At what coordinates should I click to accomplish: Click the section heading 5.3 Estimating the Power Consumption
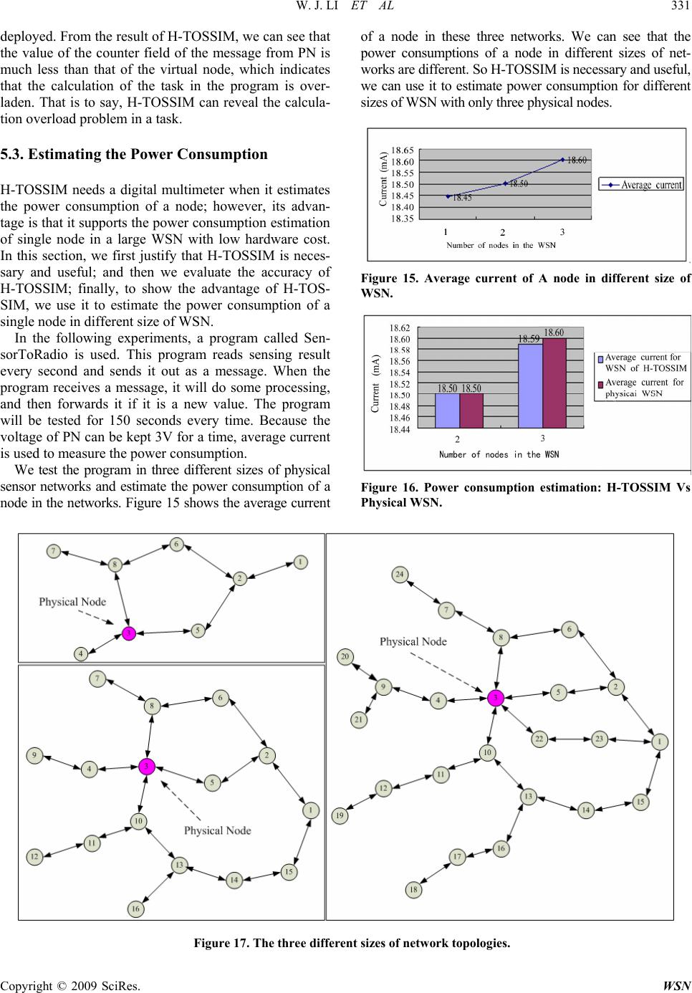134,154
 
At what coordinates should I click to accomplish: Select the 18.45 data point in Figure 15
448,196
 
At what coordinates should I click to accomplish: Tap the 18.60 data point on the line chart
562,159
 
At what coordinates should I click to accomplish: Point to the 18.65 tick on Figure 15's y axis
401,150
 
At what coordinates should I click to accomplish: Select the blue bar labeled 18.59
530,385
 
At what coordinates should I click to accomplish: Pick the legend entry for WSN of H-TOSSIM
642,363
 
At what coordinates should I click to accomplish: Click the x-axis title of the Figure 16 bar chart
499,454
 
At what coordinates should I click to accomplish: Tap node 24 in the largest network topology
400,574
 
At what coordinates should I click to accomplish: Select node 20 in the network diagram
345,656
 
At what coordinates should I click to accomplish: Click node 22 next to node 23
539,738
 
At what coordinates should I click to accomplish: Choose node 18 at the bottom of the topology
413,890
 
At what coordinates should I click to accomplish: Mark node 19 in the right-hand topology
341,815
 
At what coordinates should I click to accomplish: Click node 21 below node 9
359,719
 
